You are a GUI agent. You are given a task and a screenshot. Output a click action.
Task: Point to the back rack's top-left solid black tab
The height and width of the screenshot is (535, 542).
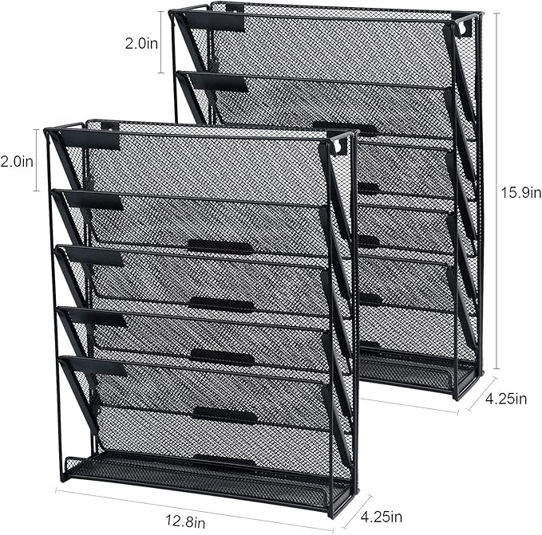tap(216, 22)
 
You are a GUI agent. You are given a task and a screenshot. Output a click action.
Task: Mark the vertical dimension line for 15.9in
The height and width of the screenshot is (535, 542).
tap(497, 191)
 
